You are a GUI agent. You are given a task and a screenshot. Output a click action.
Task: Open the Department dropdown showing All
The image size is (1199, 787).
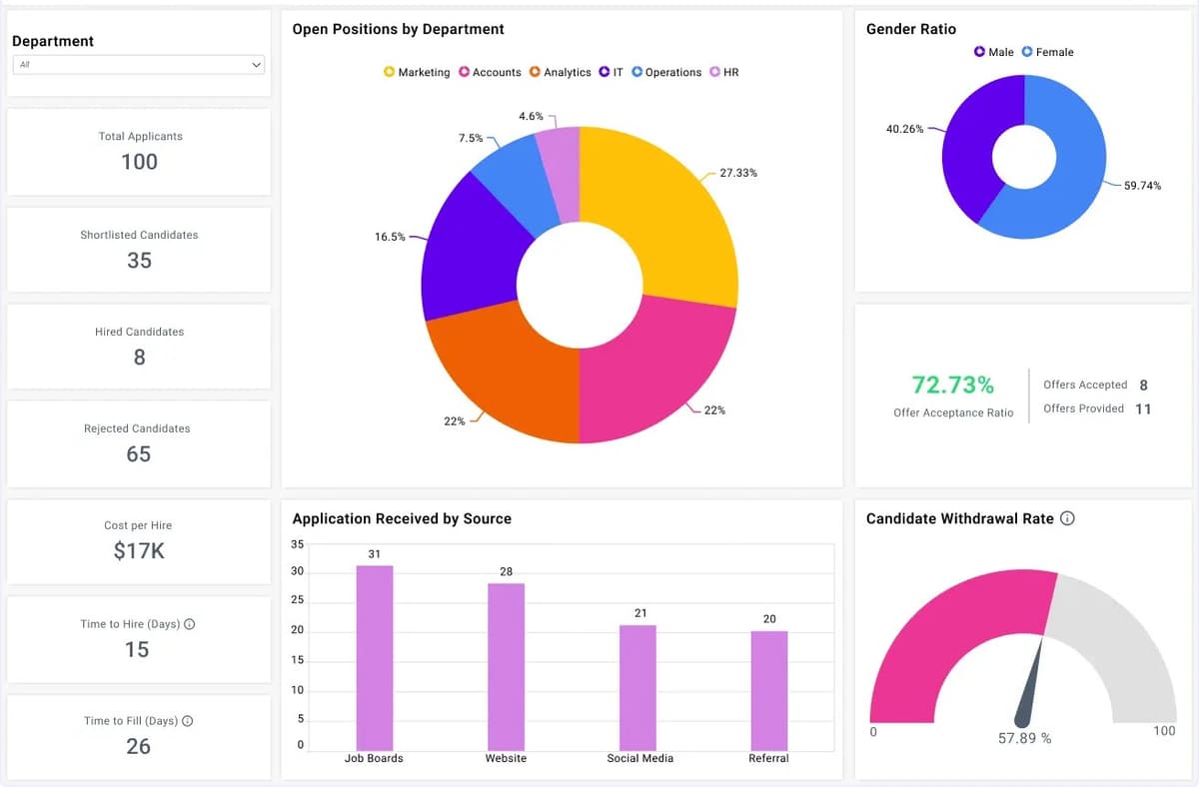click(139, 65)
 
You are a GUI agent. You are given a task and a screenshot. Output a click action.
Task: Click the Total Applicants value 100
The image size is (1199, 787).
click(140, 162)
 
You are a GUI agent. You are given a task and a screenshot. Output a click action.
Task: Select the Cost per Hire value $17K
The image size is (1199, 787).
click(139, 550)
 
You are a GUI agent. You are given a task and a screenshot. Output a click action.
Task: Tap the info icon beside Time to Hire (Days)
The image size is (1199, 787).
click(190, 624)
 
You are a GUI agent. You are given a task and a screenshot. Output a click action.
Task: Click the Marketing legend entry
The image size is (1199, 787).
click(417, 73)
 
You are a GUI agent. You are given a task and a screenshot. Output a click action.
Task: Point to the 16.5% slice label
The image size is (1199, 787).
click(390, 238)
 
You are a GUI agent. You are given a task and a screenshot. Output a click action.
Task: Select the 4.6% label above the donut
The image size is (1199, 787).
click(531, 117)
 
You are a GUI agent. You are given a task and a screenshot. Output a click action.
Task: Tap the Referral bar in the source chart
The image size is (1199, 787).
click(768, 689)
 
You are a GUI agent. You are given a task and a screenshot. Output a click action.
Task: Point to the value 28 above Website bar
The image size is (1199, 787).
click(506, 571)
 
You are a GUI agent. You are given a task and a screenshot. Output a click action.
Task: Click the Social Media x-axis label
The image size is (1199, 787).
click(639, 759)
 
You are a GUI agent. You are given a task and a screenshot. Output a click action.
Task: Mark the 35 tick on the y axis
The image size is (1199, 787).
click(297, 544)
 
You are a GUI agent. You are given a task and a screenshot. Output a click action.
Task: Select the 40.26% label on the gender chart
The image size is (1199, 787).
click(904, 129)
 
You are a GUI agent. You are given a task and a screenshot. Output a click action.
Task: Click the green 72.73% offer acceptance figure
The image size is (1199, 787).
click(952, 385)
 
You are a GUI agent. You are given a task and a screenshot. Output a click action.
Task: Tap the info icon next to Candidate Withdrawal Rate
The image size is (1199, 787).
click(1067, 518)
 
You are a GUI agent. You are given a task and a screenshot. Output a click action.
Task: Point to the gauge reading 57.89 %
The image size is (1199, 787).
click(1024, 739)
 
